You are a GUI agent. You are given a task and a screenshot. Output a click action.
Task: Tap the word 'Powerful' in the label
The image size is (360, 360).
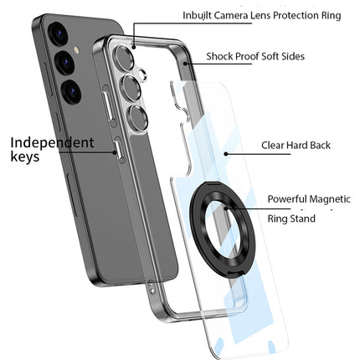click(288, 199)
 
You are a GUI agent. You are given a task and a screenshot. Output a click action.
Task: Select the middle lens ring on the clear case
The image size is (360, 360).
click(135, 87)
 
